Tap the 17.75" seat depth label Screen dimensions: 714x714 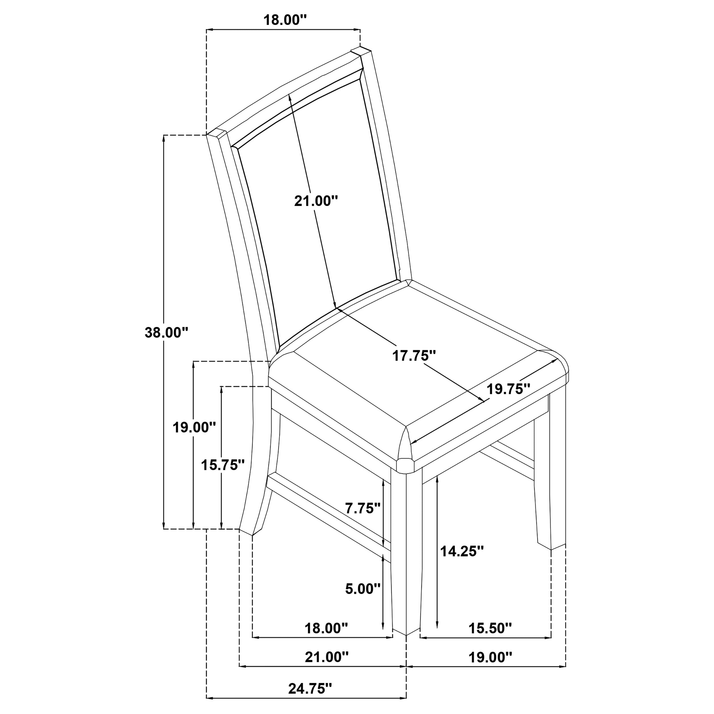coord(414,356)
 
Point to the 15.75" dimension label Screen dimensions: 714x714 coord(222,465)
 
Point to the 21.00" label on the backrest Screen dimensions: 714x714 coord(316,201)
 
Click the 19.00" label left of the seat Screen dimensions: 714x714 coord(194,428)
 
